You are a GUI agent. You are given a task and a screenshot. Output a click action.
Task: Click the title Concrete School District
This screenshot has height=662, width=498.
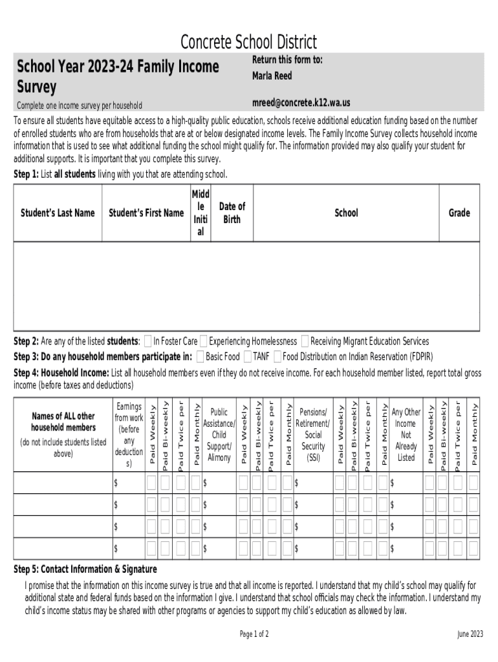point(248,43)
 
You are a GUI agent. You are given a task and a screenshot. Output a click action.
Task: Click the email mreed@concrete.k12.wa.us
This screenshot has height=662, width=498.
point(301,103)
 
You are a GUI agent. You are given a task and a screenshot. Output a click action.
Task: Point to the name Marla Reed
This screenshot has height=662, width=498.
point(272,76)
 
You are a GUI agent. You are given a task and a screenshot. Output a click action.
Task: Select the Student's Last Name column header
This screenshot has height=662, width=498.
point(58,213)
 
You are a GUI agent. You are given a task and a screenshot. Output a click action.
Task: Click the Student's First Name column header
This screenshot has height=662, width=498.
point(146,213)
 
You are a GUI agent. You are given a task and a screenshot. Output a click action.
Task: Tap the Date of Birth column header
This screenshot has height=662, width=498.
point(232,213)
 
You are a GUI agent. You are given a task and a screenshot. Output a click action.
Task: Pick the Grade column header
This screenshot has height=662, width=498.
point(459,213)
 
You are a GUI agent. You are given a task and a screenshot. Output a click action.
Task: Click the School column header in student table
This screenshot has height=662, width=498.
point(346,213)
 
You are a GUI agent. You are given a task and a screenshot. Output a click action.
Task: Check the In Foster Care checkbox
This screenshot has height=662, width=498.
point(148,341)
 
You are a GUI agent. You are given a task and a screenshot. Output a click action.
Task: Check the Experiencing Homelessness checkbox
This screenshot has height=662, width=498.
point(204,341)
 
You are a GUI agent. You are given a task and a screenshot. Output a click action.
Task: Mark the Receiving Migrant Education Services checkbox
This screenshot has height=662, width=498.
point(305,341)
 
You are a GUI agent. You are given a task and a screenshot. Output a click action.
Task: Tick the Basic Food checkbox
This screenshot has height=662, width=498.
point(200,356)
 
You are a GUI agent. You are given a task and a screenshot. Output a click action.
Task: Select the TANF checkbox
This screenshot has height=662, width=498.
point(248,356)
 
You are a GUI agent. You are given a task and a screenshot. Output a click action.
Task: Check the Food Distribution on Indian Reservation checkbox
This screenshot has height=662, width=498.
point(277,356)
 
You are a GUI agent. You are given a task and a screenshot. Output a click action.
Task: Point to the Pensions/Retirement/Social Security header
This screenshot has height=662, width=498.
point(314,434)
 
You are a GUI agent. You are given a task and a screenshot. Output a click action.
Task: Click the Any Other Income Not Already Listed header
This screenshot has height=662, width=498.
point(406,434)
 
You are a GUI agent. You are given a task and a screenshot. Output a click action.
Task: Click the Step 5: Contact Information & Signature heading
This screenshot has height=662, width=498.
point(85,569)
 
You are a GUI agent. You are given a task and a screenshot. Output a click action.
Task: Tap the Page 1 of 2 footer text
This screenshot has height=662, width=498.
point(254,634)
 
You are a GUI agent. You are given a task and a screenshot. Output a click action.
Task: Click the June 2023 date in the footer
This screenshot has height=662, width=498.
point(469,634)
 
